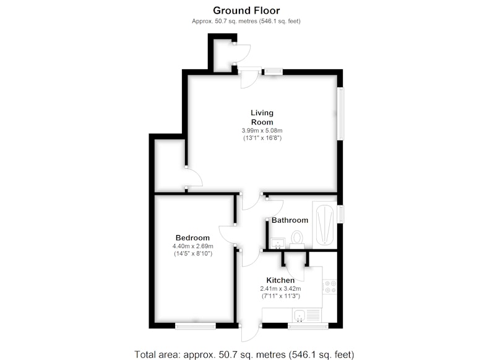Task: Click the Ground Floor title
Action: pos(246,11)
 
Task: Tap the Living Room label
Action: pos(262,118)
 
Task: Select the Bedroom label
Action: pos(192,238)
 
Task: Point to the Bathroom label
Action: pos(290,220)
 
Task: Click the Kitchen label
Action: pos(280,280)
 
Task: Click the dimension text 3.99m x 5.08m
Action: pos(262,131)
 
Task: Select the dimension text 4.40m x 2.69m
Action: pos(192,246)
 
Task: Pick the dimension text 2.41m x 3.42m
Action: pos(280,288)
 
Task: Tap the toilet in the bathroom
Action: pos(297,239)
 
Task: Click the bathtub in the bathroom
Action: pos(324,225)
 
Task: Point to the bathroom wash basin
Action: pos(278,244)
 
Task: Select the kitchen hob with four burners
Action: pos(330,287)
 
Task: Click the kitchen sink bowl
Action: pos(298,315)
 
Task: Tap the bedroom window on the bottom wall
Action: pos(196,326)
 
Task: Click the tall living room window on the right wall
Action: pos(341,114)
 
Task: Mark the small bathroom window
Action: pos(341,213)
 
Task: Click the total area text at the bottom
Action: pos(244,354)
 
